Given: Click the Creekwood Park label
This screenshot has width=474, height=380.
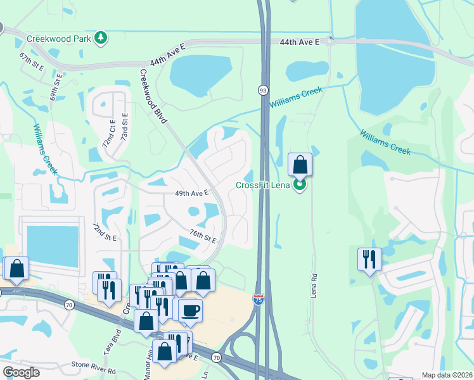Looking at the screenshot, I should tap(60, 38).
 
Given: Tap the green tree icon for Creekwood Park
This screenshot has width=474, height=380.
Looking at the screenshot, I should tap(100, 39).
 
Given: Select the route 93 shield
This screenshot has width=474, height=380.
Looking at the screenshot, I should tap(262, 91).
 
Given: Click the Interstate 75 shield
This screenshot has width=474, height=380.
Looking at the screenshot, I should tap(259, 300).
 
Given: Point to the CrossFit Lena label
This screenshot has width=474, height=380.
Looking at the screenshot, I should tap(263, 185).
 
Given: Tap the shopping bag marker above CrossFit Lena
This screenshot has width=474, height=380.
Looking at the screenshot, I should tap(300, 165).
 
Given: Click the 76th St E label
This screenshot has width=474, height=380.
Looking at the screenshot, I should tap(202, 237).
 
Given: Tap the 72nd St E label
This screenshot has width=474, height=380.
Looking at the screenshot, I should tap(105, 232).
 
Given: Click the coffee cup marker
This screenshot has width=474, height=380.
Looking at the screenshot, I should tap(190, 310).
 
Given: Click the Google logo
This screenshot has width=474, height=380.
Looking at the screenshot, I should tap(21, 372).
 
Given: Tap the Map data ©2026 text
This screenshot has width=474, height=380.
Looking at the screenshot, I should tap(447, 375).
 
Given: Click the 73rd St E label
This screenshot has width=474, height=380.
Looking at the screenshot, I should tap(125, 128).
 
